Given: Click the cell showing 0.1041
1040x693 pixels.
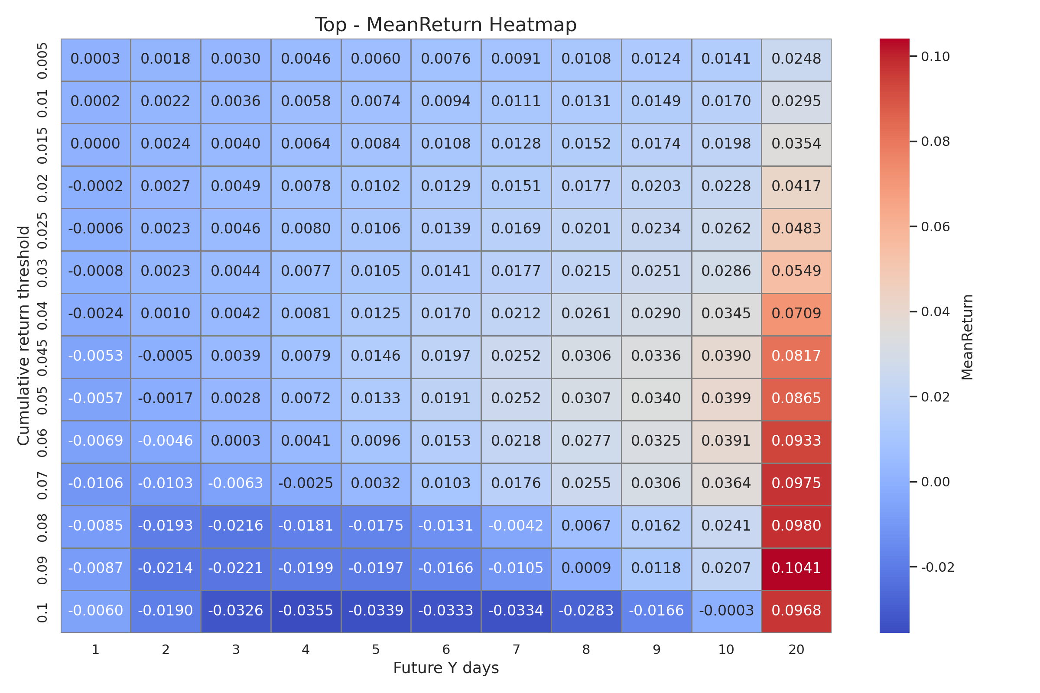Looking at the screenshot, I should [796, 568].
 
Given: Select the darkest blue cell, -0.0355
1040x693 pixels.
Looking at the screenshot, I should [305, 610].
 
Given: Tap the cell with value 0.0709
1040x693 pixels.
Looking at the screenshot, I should [796, 313].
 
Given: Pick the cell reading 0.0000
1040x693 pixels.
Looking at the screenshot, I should [95, 144].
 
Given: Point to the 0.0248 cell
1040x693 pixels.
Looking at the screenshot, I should [796, 59].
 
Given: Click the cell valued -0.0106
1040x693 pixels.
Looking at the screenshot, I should [95, 483].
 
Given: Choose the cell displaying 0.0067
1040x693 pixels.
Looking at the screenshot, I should [586, 525].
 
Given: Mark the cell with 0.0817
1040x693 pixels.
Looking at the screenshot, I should [796, 356].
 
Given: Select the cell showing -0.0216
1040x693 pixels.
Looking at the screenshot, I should [235, 525].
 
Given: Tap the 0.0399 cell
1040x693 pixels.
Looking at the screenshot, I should [726, 398].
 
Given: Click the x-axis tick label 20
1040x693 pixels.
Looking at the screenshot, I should [796, 650].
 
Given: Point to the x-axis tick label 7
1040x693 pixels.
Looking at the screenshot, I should [516, 650].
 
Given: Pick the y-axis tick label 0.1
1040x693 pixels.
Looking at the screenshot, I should [42, 612].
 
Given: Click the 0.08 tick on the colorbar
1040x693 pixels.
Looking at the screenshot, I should [935, 142].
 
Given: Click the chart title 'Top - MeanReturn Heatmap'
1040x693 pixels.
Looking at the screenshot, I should [446, 25].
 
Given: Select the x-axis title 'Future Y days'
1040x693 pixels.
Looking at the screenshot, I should [446, 668].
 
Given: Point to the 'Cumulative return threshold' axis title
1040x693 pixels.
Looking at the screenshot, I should [23, 336].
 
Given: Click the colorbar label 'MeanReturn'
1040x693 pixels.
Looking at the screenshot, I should [968, 337].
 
